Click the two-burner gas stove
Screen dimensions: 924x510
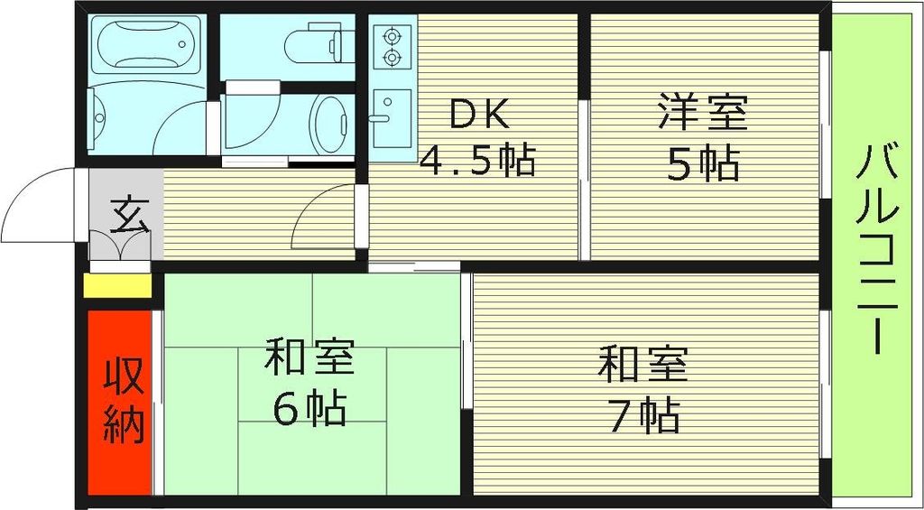392,47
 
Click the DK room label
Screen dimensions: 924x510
481,115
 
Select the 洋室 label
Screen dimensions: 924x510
702,116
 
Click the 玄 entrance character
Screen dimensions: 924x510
126,218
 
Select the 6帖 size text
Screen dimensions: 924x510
310,408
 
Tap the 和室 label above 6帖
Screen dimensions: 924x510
310,358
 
